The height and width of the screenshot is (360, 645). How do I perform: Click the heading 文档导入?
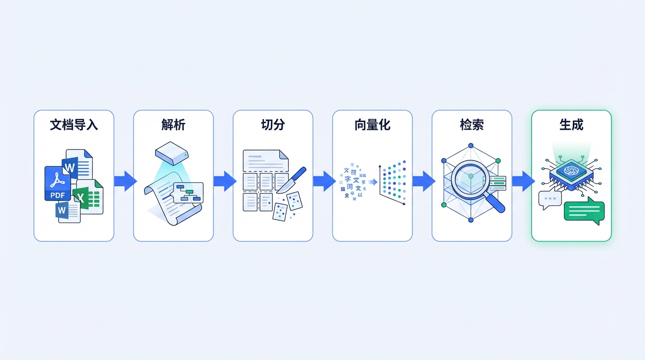pos(74,125)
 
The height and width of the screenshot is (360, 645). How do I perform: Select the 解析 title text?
pos(173,125)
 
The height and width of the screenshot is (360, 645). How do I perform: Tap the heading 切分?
pos(273,125)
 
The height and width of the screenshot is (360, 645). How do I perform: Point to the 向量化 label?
pos(372,125)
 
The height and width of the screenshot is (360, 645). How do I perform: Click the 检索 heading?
pos(472,125)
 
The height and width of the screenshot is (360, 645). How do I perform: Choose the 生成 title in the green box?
pos(571,125)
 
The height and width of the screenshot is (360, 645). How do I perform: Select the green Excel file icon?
pos(89,197)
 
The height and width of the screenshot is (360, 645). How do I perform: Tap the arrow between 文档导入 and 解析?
pos(124,181)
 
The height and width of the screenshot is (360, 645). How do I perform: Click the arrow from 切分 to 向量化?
pos(323,181)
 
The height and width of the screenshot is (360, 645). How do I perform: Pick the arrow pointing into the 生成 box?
pos(522,181)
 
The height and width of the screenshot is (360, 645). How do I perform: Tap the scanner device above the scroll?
pos(172,152)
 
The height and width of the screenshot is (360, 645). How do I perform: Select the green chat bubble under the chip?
pos(584,211)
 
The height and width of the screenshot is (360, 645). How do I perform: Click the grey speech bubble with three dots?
pos(549,199)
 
